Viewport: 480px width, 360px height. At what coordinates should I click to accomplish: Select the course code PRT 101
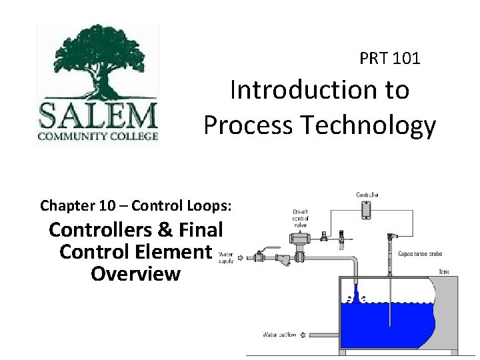pos(390,59)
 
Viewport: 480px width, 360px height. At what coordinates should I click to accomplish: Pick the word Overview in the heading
pos(135,273)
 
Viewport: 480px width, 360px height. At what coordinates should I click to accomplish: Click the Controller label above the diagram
pos(367,195)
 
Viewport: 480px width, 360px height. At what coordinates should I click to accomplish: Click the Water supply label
pos(225,257)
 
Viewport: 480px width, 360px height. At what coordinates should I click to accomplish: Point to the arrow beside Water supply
pos(241,257)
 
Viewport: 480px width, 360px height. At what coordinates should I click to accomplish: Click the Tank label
pos(444,271)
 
